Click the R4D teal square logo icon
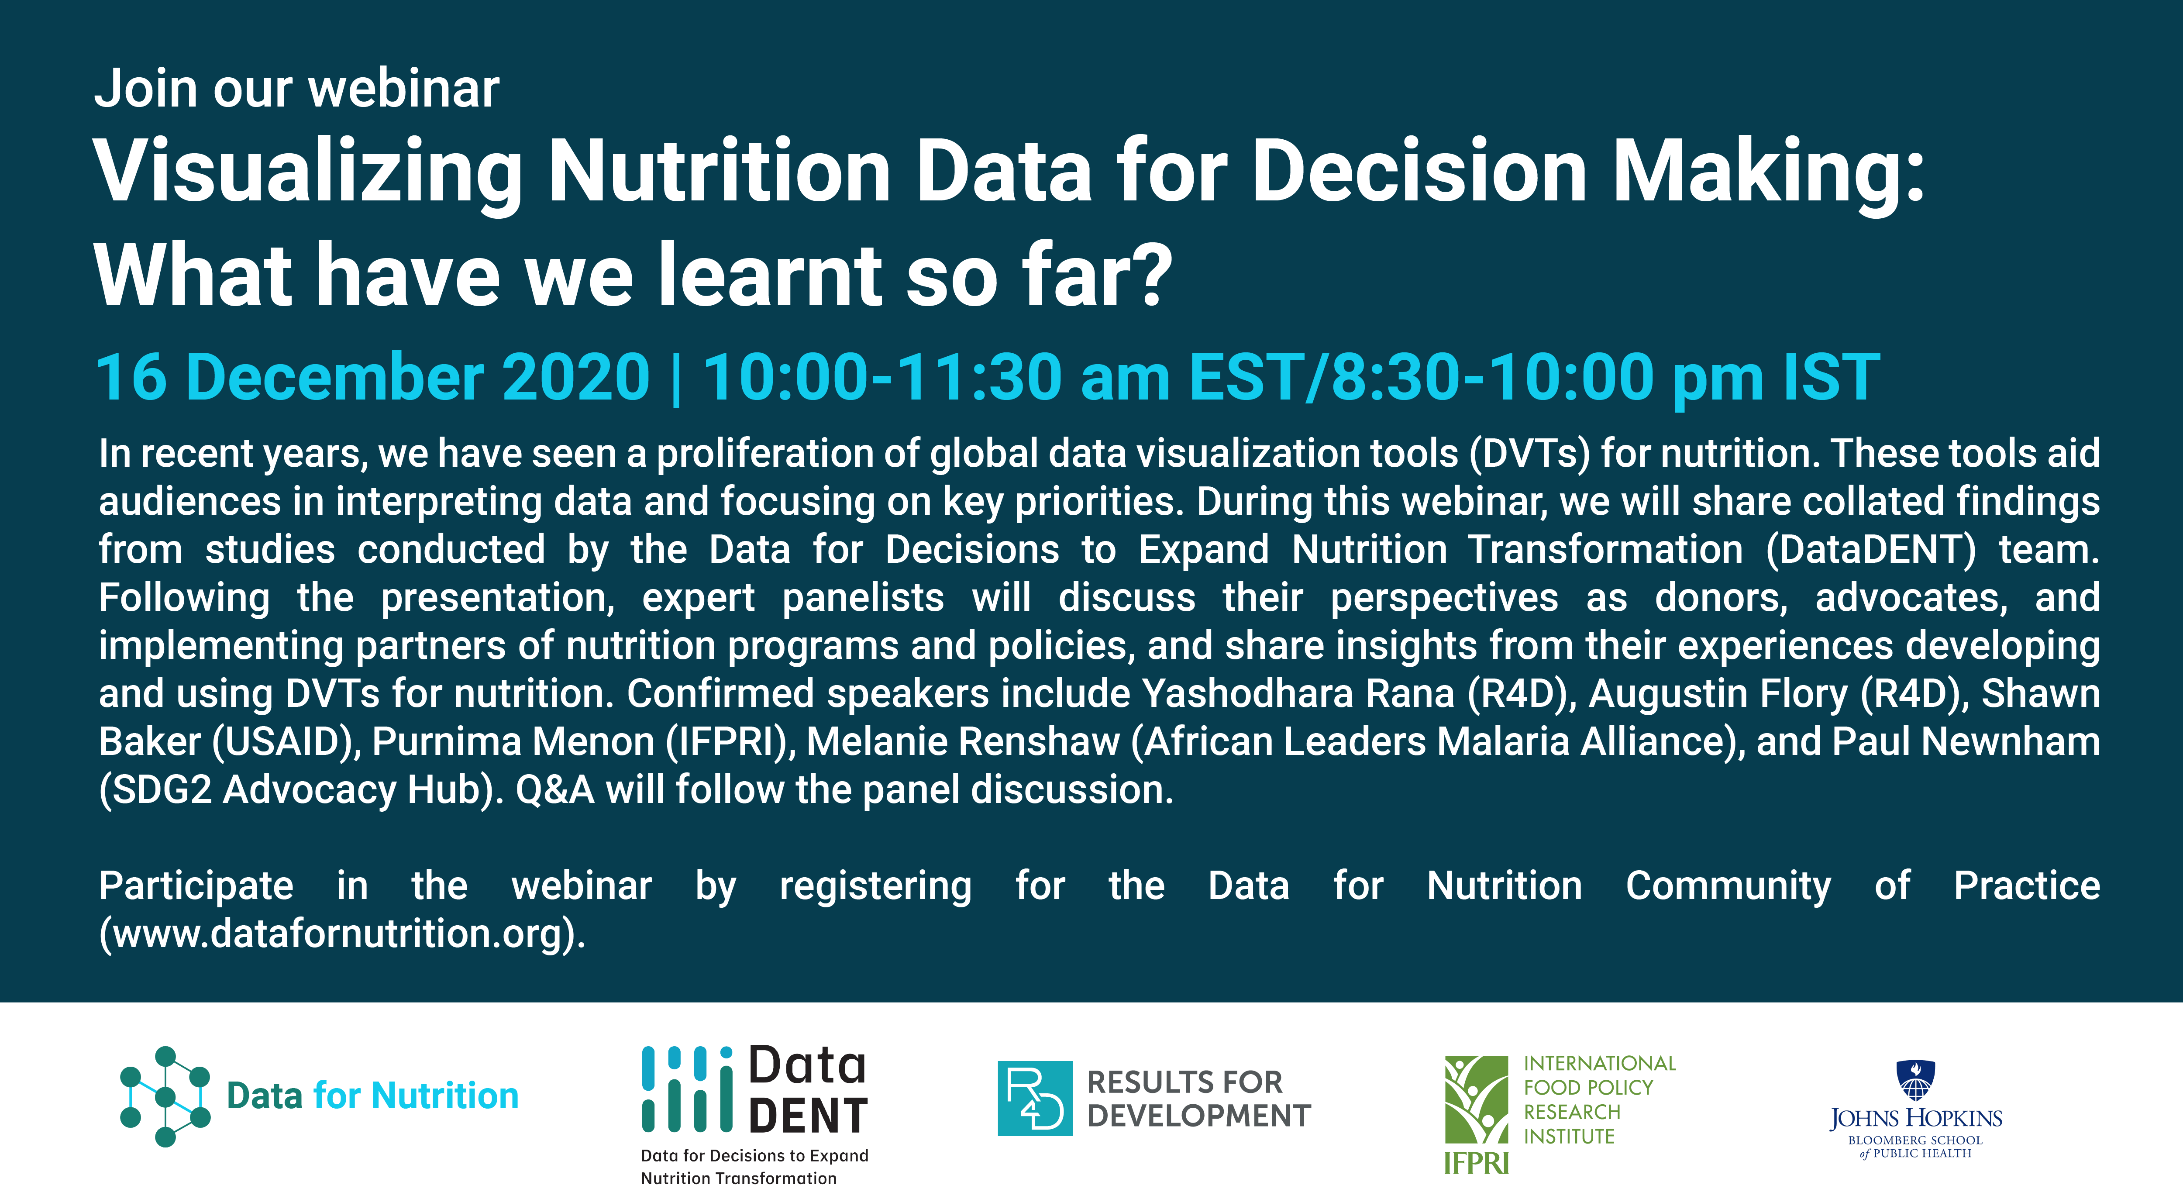coord(1035,1098)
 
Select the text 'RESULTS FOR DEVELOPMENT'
coord(1198,1099)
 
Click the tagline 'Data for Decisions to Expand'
coord(754,1156)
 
